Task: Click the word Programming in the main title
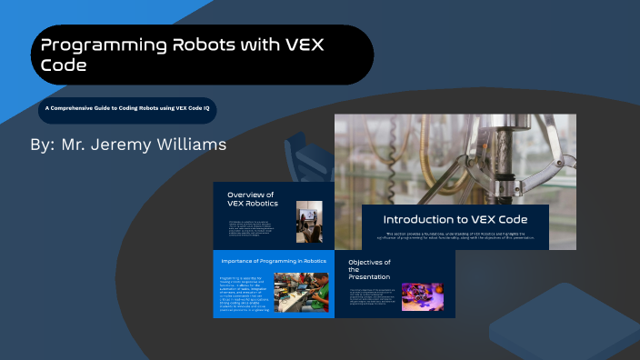(x=99, y=45)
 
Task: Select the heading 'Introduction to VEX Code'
(x=455, y=220)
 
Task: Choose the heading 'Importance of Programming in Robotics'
(x=274, y=261)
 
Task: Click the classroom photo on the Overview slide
(x=309, y=222)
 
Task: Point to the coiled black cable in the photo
(x=392, y=159)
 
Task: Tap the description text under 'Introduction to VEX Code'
(x=455, y=237)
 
